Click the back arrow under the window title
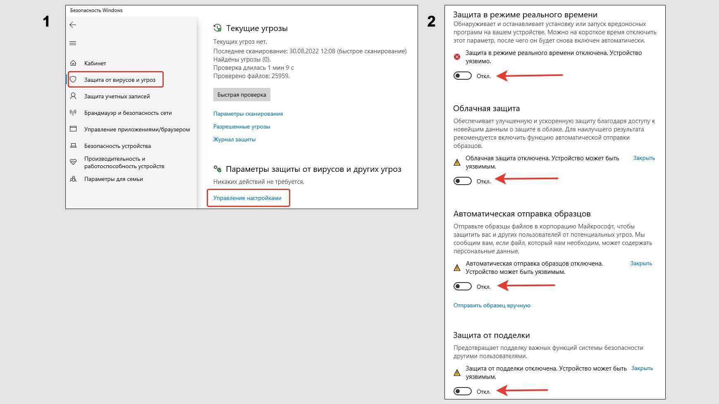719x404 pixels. [73, 25]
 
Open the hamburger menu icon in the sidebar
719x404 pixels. [73, 43]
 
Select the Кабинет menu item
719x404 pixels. [95, 63]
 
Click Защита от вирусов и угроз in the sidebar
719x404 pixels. [120, 80]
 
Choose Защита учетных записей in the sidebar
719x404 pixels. [117, 96]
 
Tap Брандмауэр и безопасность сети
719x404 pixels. [128, 113]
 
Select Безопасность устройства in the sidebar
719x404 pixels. [117, 146]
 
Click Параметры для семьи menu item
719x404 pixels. [114, 179]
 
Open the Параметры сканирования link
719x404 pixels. [248, 114]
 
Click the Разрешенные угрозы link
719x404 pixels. [241, 126]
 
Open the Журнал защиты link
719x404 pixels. [234, 139]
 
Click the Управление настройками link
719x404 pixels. [247, 198]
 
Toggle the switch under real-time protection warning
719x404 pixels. [463, 76]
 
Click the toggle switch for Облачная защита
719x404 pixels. [463, 181]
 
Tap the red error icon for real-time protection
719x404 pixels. [457, 57]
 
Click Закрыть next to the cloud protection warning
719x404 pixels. [644, 158]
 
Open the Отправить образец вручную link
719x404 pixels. [492, 305]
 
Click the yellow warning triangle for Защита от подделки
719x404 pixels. [457, 373]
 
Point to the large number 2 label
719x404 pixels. [431, 21]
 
